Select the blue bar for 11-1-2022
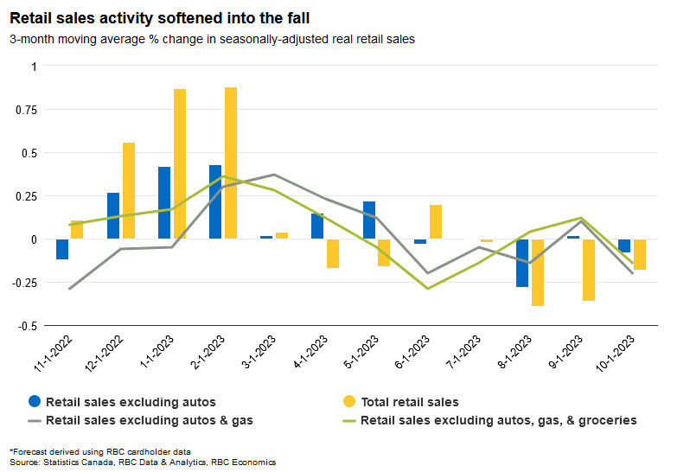(62, 249)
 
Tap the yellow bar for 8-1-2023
(538, 272)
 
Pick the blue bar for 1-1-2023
(164, 202)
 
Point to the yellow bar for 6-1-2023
(435, 221)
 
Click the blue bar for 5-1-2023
(369, 220)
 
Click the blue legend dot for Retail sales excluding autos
(34, 401)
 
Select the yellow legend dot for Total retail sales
(349, 401)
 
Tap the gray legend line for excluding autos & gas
(34, 421)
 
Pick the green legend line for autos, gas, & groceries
(349, 421)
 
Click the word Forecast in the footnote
(31, 452)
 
